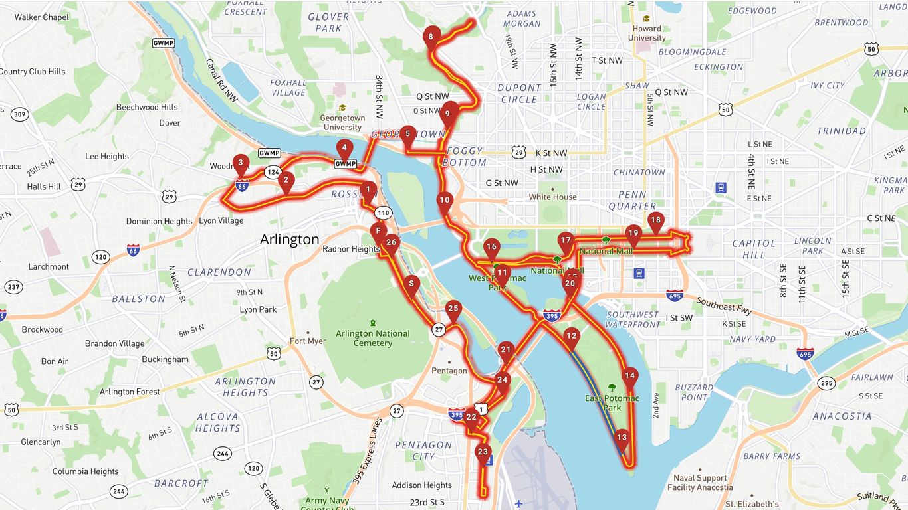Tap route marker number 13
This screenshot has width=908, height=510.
[x=622, y=438]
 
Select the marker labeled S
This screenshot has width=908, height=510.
[x=411, y=284]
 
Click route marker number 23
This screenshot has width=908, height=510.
[x=483, y=453]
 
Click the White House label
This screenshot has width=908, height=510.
[x=552, y=197]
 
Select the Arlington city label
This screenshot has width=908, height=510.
[x=289, y=240]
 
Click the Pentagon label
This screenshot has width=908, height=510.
[x=449, y=371]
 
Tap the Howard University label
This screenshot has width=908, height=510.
[x=646, y=33]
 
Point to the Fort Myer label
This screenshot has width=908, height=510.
[x=308, y=341]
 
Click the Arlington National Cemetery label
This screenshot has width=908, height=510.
[x=372, y=338]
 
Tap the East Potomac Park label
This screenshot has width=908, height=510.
[x=612, y=403]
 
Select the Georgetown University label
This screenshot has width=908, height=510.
[x=342, y=122]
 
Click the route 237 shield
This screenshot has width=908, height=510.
[x=13, y=287]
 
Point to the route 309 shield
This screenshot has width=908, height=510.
[x=20, y=115]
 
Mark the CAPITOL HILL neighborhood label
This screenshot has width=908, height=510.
[x=754, y=249]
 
